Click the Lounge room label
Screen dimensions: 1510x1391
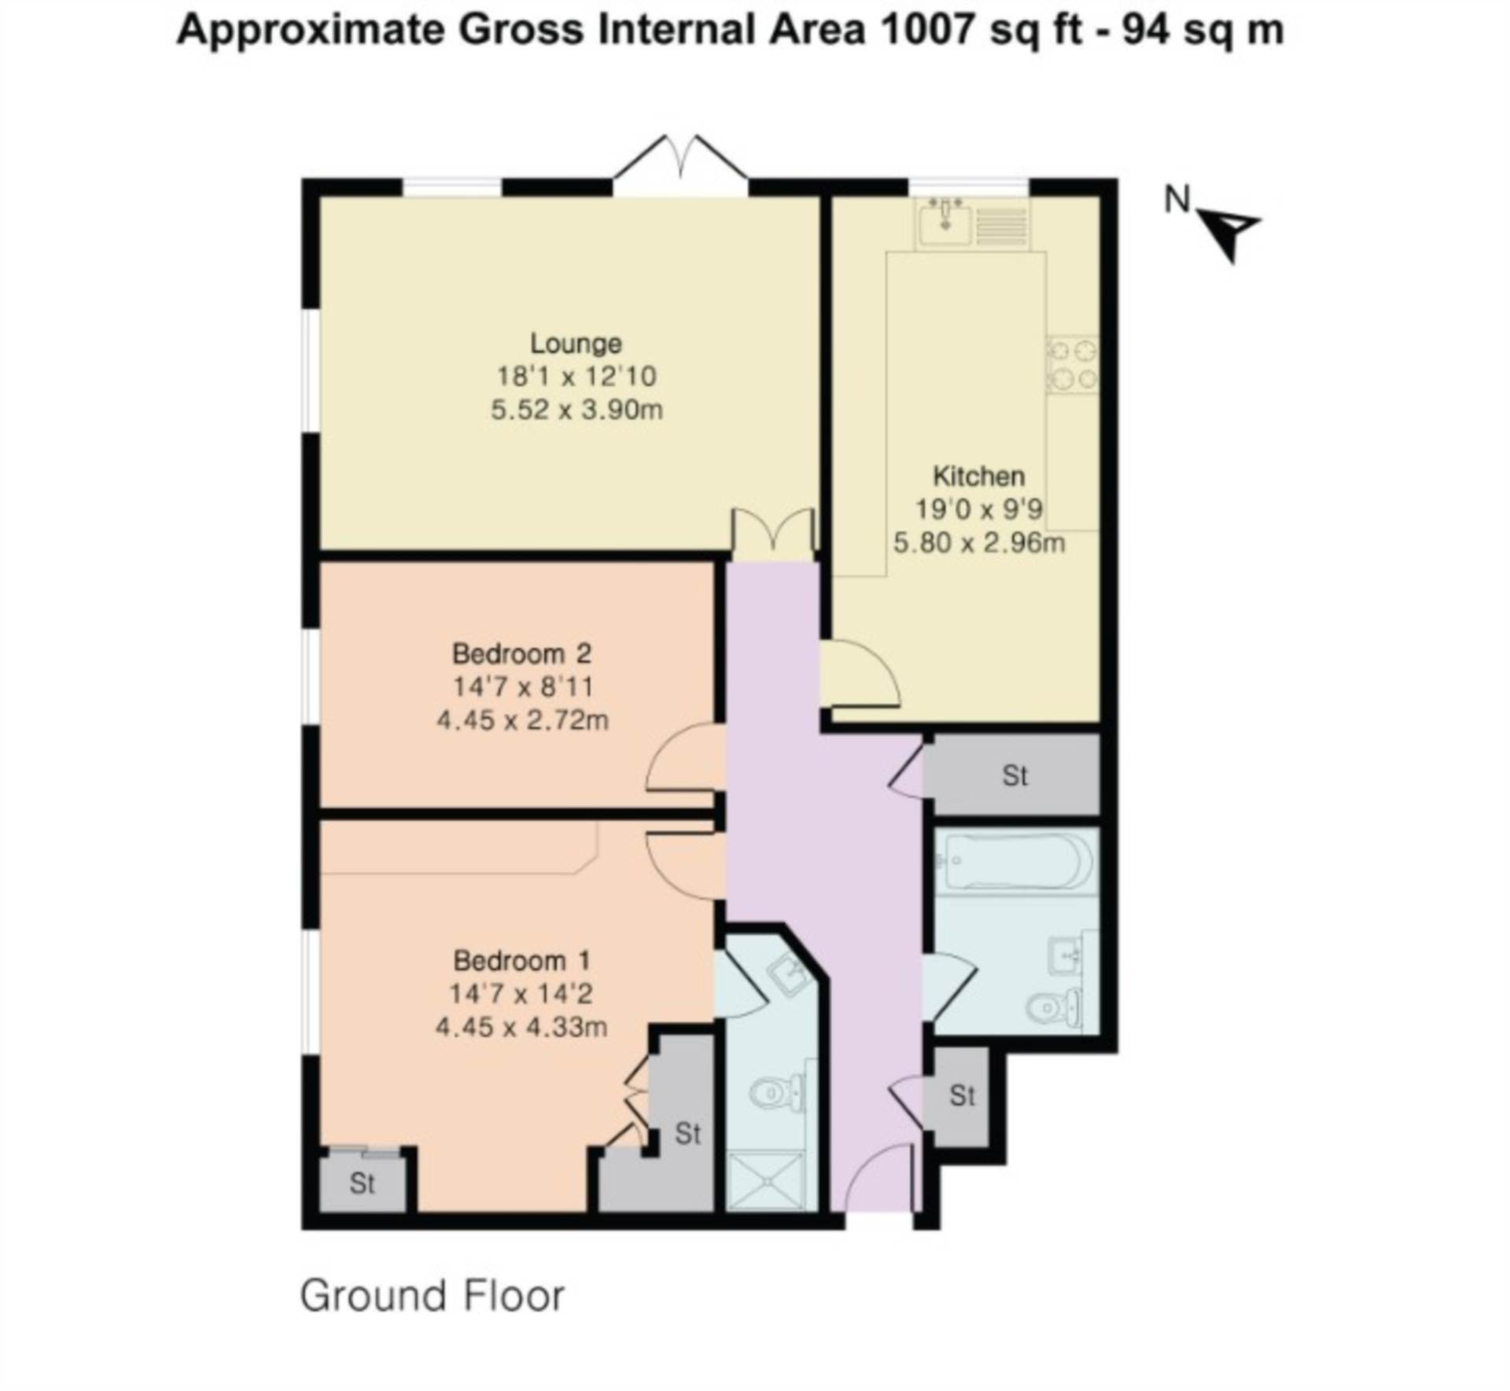click(x=576, y=344)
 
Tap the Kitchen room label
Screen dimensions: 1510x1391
click(x=978, y=476)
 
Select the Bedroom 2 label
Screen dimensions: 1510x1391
click(x=521, y=653)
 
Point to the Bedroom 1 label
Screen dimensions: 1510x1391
click(x=521, y=960)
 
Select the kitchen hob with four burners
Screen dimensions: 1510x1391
click(x=1071, y=365)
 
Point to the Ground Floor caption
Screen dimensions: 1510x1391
click(x=433, y=1295)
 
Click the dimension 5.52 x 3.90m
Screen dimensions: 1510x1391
click(x=576, y=410)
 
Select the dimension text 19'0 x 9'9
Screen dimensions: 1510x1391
click(x=978, y=509)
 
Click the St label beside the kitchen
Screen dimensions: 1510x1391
click(x=1015, y=775)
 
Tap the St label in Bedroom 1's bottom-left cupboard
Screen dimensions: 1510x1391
click(x=362, y=1183)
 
